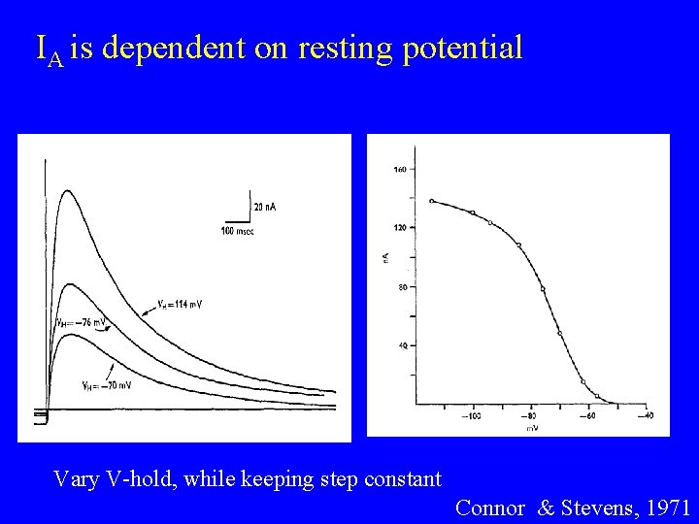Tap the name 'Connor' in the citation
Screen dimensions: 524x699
(490, 507)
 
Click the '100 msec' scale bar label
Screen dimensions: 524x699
(238, 231)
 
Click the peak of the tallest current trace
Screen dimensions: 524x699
(66, 191)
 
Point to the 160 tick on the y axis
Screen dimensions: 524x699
(399, 170)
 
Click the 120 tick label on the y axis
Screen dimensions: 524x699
(399, 227)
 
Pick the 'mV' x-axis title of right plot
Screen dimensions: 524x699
(533, 427)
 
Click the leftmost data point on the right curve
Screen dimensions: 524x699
(431, 201)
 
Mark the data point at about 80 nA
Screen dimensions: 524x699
(543, 289)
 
